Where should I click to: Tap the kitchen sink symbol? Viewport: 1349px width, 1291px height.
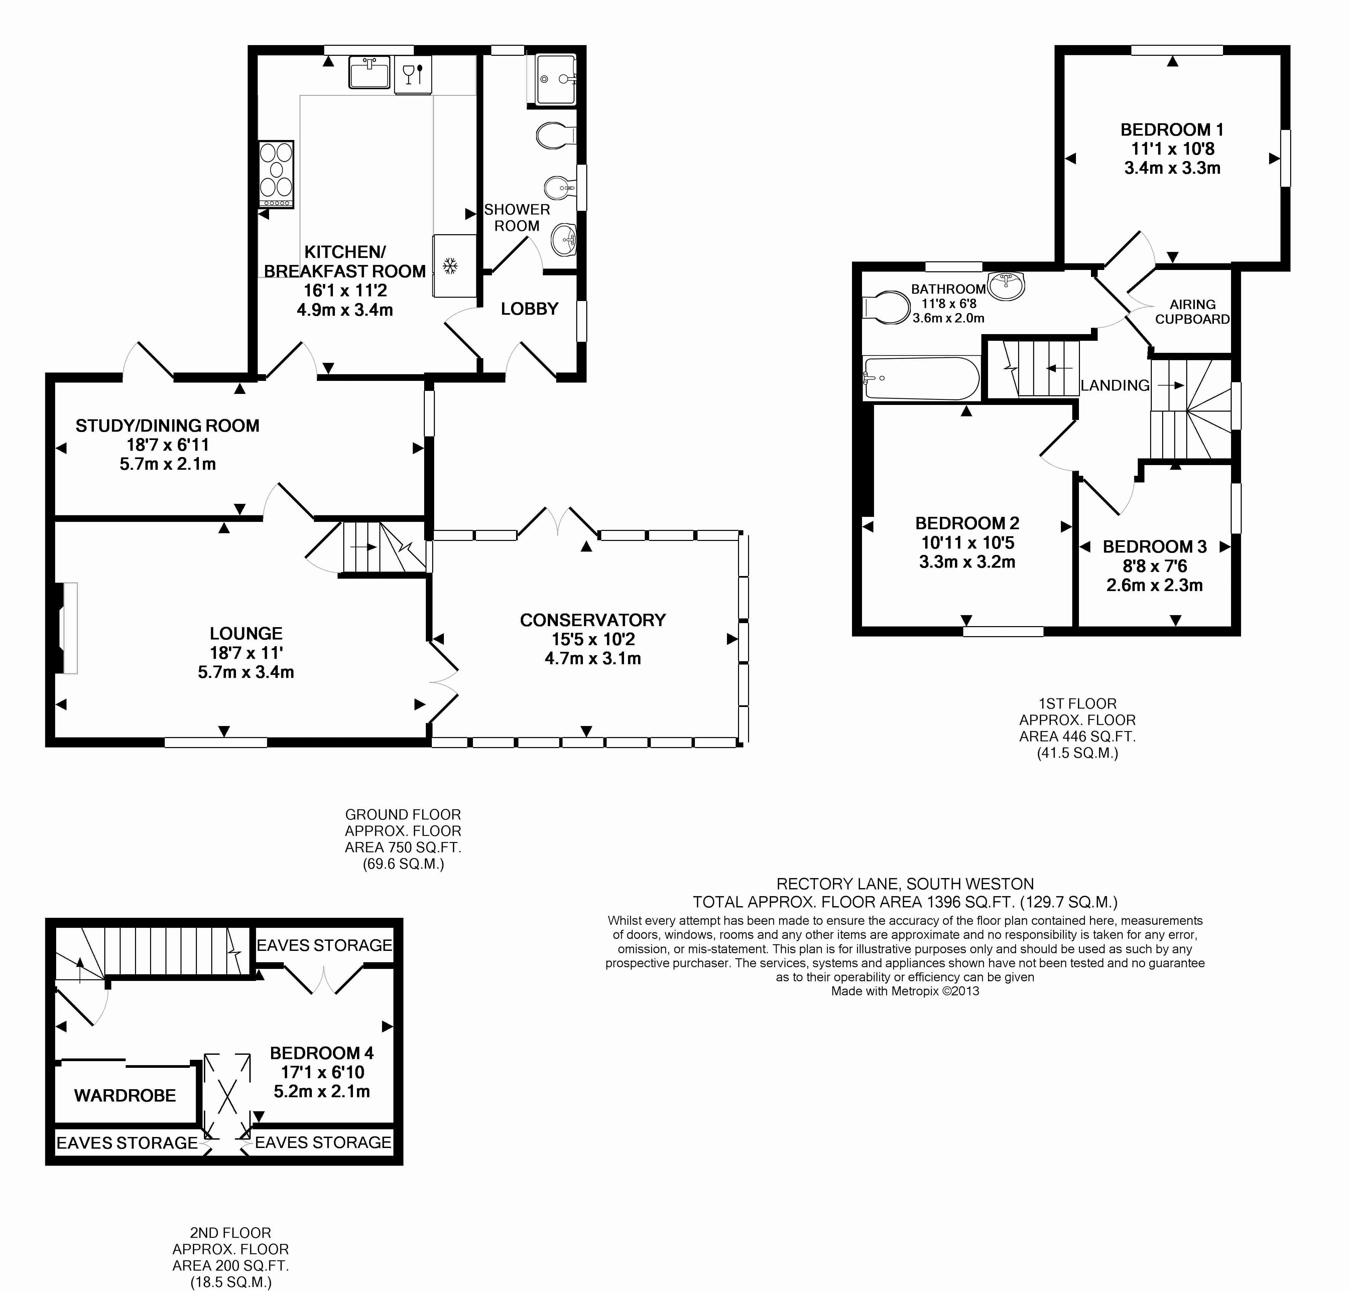(370, 72)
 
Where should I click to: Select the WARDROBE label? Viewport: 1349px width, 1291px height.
(125, 1096)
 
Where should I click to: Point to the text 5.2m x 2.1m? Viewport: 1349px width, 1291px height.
(322, 1092)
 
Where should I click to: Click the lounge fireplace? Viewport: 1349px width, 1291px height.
(69, 627)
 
